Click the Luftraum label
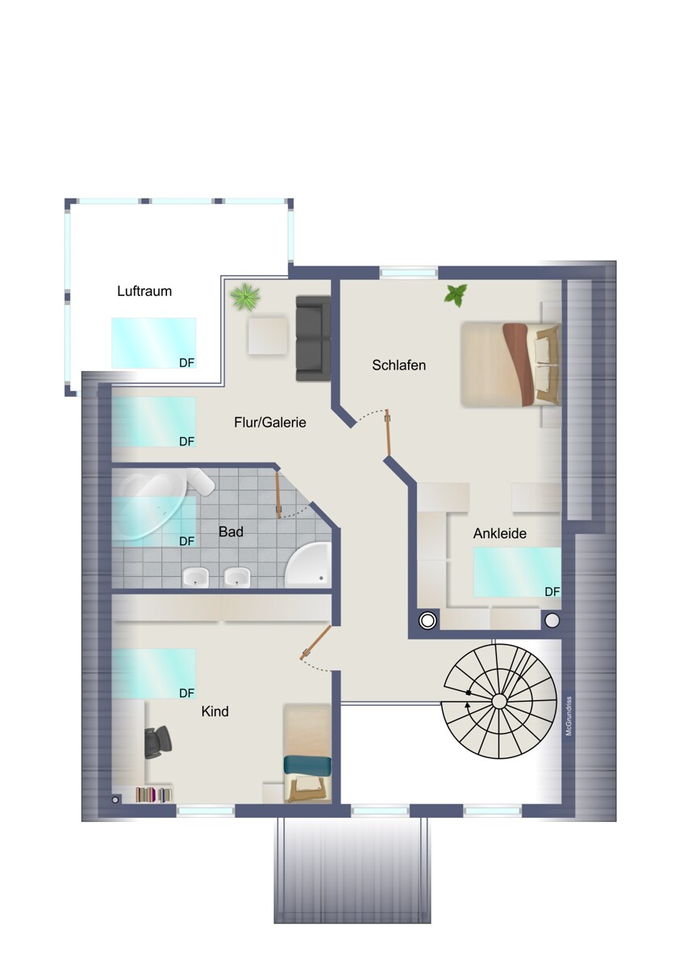144,291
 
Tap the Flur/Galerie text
270,422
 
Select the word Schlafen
398,365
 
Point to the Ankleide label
500,533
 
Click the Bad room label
231,532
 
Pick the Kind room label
215,711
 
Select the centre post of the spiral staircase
499,700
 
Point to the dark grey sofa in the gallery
313,338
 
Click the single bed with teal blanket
307,755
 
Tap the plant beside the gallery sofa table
245,298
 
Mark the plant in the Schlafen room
456,295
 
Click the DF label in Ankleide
552,592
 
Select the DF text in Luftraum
186,363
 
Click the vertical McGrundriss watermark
569,716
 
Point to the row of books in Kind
154,795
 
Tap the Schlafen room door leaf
389,434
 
